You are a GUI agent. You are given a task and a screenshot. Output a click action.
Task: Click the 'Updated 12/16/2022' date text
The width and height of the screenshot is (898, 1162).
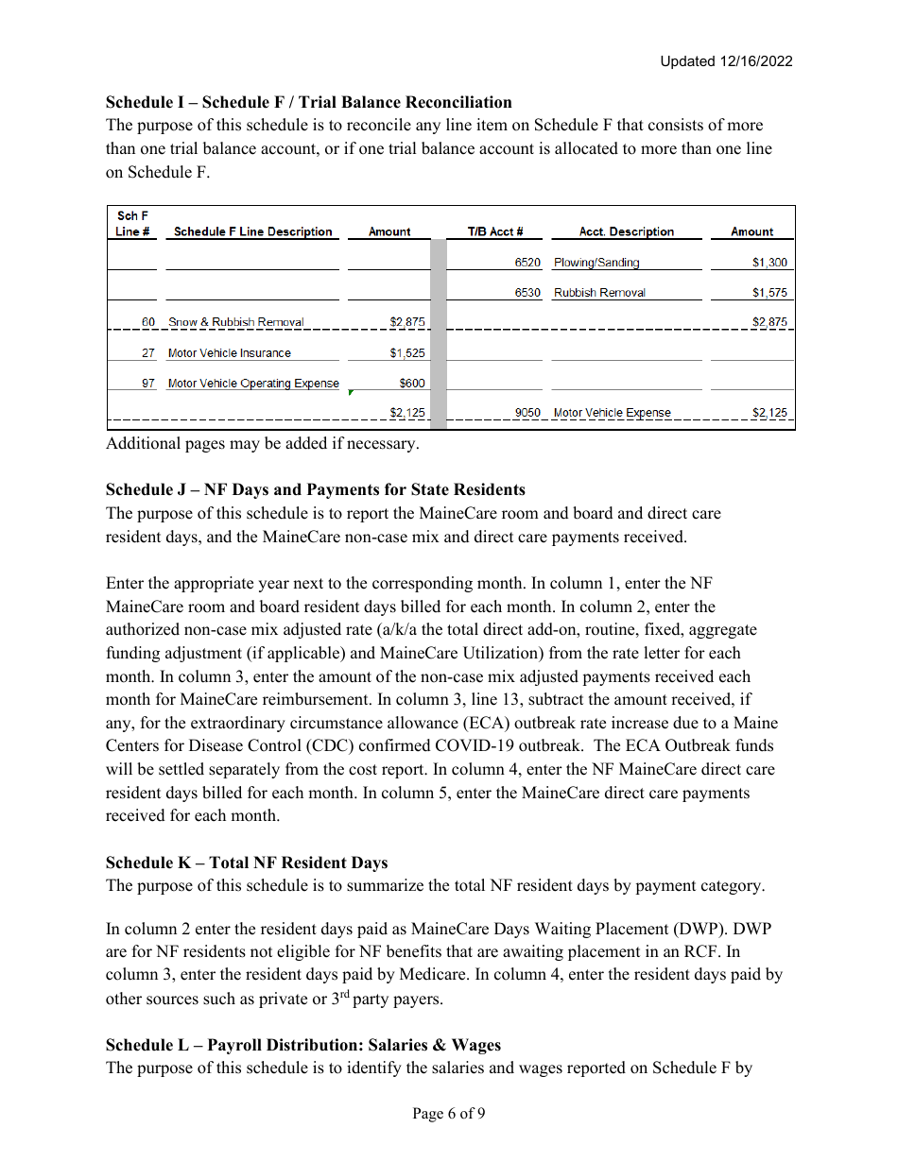(726, 61)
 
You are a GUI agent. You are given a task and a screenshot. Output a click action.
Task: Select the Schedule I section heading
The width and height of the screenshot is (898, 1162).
(308, 102)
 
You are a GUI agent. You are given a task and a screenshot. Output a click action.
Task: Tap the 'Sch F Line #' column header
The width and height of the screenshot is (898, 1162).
(132, 224)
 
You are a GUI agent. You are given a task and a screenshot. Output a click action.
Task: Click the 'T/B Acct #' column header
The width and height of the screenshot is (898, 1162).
(495, 231)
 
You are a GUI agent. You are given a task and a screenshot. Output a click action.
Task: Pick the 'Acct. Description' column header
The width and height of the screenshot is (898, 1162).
(626, 231)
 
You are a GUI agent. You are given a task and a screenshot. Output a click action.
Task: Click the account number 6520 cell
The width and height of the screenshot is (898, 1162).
(527, 263)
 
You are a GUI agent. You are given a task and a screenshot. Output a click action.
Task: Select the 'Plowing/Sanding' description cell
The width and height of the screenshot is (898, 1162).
(596, 263)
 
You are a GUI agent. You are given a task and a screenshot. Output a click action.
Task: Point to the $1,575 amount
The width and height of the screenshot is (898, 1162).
(769, 293)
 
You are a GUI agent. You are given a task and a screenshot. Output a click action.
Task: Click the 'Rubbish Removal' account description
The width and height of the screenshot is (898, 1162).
(599, 293)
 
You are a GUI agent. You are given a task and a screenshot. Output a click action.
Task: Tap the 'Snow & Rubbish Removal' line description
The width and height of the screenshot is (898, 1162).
(236, 322)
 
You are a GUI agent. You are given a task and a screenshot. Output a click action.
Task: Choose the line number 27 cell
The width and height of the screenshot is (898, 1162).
(148, 353)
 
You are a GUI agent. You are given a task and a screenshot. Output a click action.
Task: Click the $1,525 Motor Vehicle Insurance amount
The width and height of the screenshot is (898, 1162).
(407, 353)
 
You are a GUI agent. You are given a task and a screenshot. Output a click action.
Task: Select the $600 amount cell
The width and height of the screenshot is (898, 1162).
(412, 384)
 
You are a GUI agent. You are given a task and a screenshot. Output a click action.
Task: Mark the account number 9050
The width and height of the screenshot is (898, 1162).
(527, 413)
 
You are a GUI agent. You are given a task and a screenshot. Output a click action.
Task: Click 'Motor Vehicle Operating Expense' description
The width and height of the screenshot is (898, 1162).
(253, 384)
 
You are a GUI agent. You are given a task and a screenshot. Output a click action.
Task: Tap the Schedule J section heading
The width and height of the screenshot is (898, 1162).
(315, 489)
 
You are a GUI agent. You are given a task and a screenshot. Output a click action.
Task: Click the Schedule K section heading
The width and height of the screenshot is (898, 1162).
(247, 863)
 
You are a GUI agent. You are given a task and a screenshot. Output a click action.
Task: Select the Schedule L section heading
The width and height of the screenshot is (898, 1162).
(303, 1045)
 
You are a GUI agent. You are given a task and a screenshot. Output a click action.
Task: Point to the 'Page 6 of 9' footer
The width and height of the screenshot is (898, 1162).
(449, 1114)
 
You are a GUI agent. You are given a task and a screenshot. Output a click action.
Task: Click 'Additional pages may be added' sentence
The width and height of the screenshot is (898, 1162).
(262, 443)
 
